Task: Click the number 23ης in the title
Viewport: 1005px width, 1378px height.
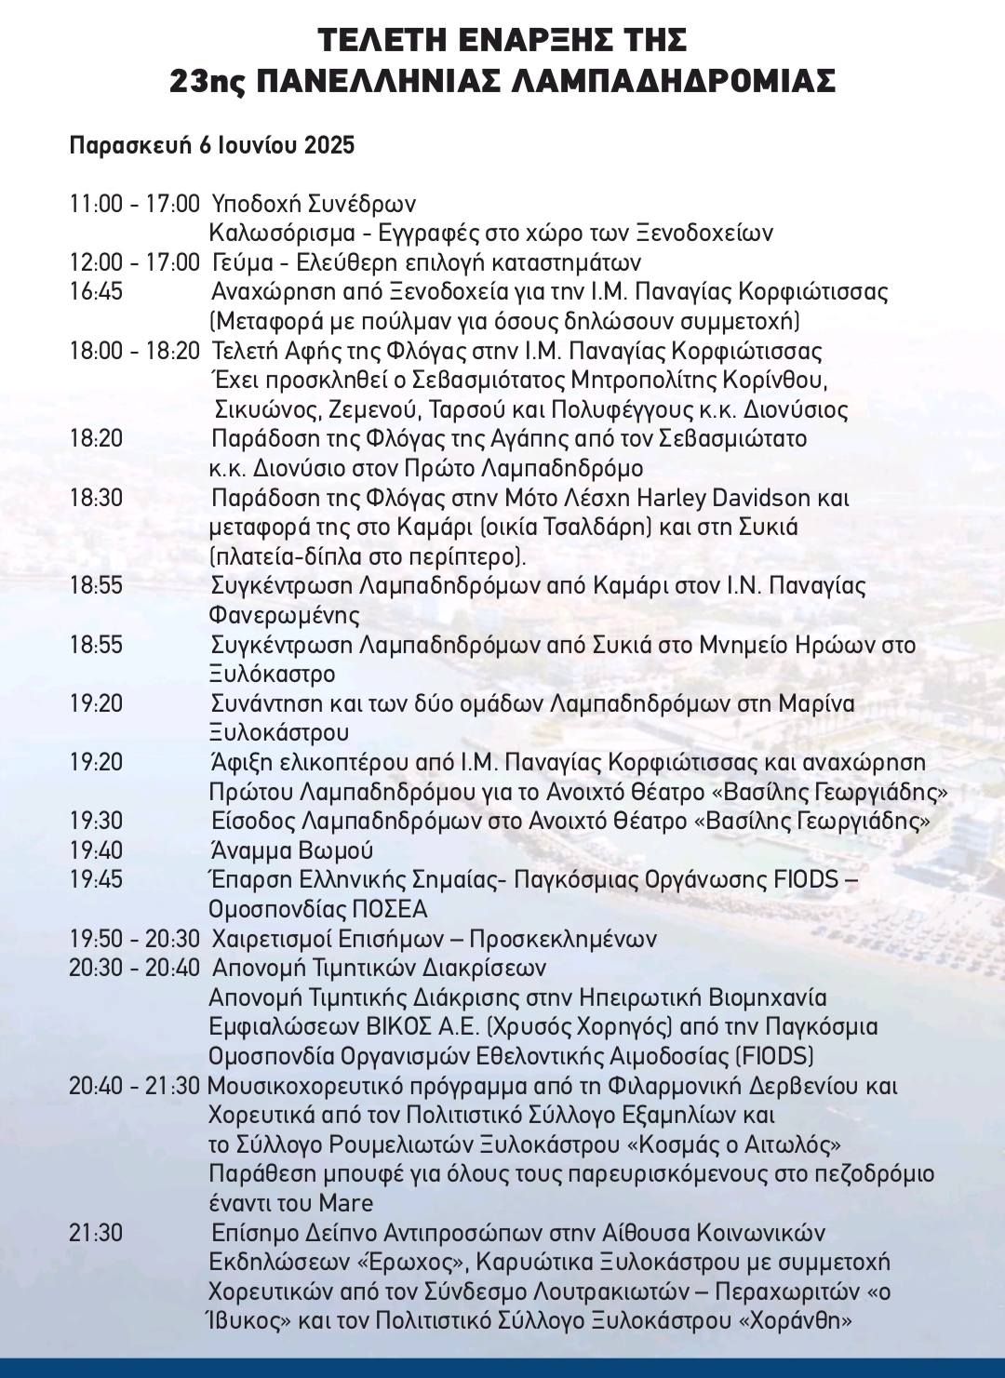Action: click(x=207, y=82)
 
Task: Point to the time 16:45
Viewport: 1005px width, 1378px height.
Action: click(x=96, y=292)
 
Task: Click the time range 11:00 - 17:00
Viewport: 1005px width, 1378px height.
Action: click(x=134, y=204)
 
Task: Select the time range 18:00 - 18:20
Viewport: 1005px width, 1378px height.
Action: click(x=134, y=352)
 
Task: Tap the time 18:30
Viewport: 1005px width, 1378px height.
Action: click(x=96, y=498)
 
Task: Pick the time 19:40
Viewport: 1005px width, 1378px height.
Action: click(x=96, y=850)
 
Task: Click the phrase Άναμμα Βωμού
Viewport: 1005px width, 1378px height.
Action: click(x=292, y=850)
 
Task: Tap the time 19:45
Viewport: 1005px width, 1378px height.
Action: click(x=96, y=879)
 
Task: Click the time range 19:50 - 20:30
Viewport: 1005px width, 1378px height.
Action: click(x=134, y=939)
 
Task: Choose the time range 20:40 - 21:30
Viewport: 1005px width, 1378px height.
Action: click(x=134, y=1086)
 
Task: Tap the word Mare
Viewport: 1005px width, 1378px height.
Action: click(x=346, y=1203)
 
